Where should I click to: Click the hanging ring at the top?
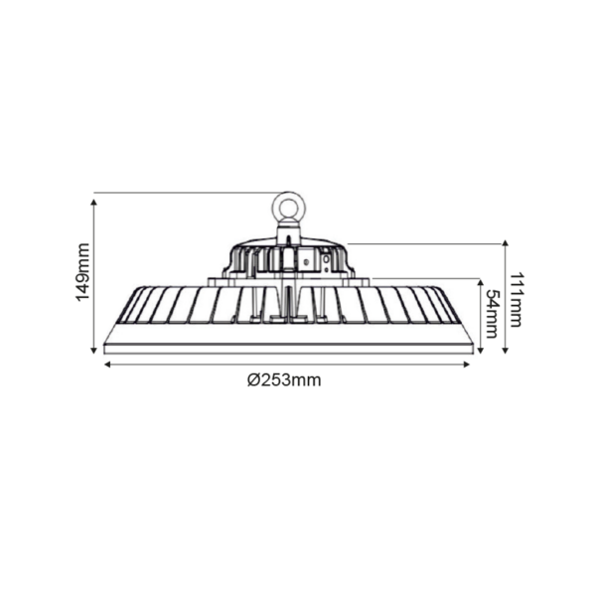click(x=289, y=208)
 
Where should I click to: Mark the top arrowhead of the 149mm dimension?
click(x=95, y=200)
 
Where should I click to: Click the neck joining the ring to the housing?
click(x=288, y=233)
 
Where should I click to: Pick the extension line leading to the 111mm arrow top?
click(x=427, y=241)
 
